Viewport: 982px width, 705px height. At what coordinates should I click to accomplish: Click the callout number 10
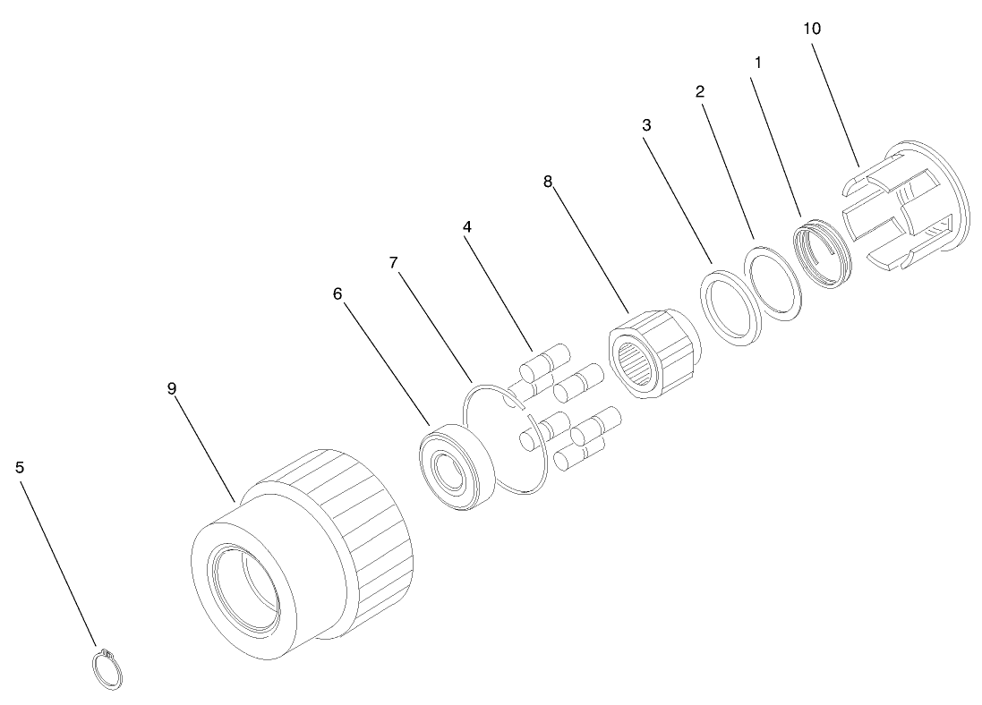click(811, 29)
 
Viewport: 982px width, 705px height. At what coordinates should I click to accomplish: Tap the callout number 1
click(758, 63)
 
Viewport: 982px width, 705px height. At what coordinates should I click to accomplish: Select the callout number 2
click(699, 91)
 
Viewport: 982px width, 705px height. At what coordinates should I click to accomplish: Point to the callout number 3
click(646, 125)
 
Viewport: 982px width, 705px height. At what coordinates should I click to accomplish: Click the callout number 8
click(548, 182)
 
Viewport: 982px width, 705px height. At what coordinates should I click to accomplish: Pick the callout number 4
click(466, 226)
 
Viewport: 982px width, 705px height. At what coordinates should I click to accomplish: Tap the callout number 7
click(393, 263)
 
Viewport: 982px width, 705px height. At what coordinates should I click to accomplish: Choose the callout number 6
click(337, 293)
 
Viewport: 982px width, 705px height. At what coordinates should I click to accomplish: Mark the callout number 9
click(172, 388)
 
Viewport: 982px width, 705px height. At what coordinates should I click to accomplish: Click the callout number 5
click(20, 467)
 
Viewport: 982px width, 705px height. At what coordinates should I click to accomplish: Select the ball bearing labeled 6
click(456, 466)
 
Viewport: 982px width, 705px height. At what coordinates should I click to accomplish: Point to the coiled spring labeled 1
click(823, 253)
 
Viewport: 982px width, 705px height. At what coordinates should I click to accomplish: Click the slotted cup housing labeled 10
click(905, 207)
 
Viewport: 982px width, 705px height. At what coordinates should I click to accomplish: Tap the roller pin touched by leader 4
click(545, 362)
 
